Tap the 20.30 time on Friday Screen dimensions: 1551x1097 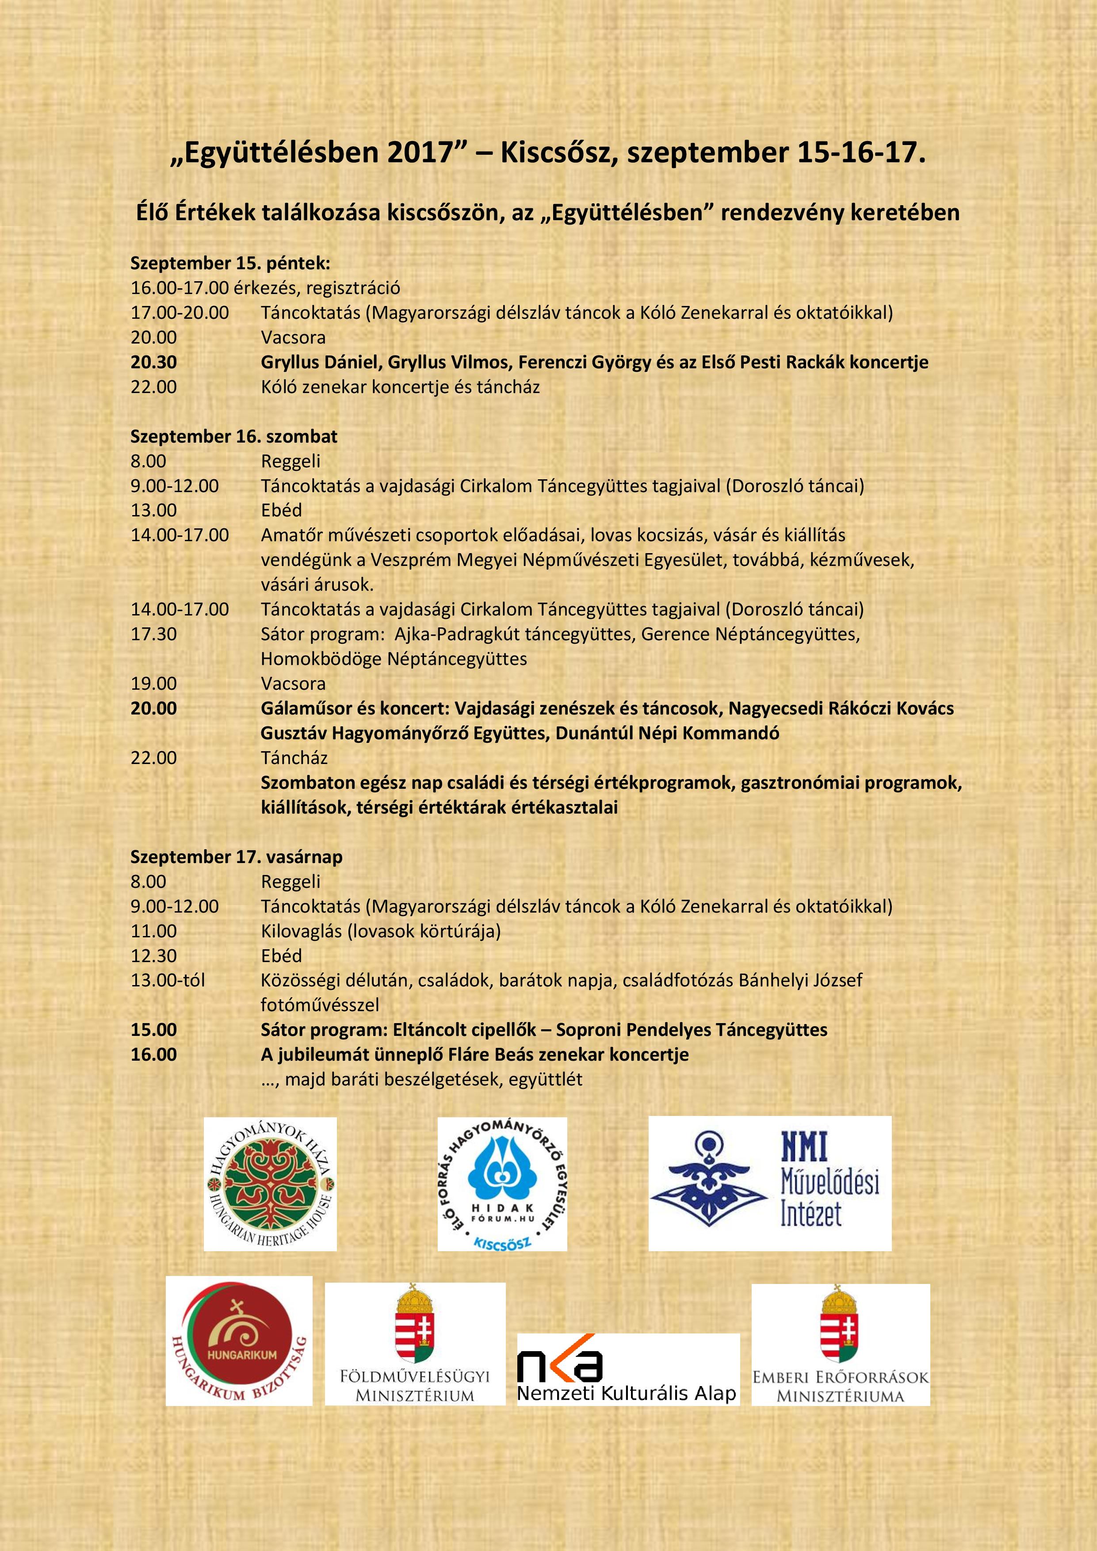pyautogui.click(x=154, y=362)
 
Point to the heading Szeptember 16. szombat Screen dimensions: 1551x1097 pyautogui.click(x=234, y=436)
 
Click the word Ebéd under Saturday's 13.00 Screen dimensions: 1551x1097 pyautogui.click(x=281, y=510)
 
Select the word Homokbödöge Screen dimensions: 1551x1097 pyautogui.click(x=321, y=659)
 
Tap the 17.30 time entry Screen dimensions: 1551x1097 pyautogui.click(x=154, y=634)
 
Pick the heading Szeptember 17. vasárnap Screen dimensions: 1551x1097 pyautogui.click(x=237, y=856)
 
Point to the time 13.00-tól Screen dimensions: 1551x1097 pyautogui.click(x=168, y=980)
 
